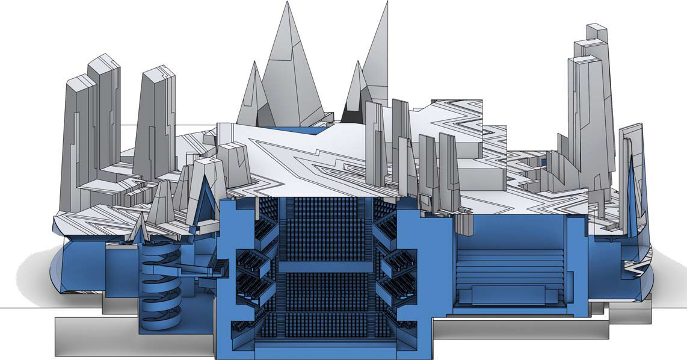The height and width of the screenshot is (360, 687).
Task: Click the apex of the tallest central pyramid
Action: tap(284, 2)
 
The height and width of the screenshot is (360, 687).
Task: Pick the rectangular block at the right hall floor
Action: tap(509, 295)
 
